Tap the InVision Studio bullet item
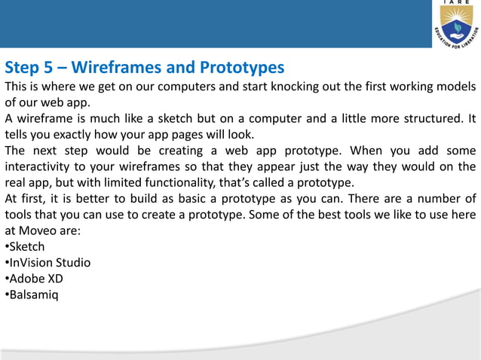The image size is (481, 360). pyautogui.click(x=49, y=263)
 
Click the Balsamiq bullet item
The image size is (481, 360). pyautogui.click(x=33, y=294)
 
